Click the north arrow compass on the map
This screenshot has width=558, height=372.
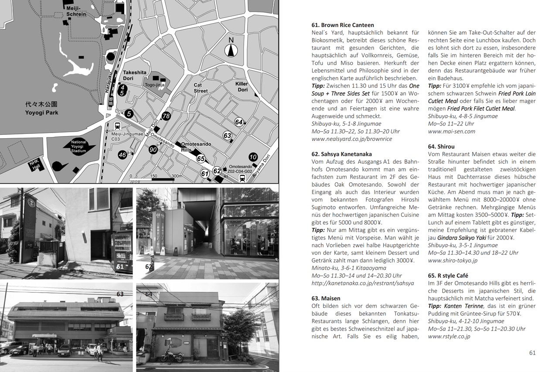(231, 48)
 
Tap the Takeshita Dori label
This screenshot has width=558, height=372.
(134, 75)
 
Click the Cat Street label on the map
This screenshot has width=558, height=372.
(201, 88)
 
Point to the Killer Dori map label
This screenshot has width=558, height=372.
(242, 86)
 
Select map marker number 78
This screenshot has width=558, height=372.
(166, 116)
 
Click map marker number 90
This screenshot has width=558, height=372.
(153, 150)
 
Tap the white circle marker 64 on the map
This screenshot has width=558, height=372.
(238, 122)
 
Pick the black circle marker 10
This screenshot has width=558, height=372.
(253, 157)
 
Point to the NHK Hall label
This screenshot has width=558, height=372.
(34, 165)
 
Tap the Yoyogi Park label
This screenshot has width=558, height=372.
(42, 109)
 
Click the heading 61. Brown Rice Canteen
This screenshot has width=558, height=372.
(343, 25)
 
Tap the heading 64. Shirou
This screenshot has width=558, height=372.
(441, 147)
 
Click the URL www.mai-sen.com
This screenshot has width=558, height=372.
(452, 131)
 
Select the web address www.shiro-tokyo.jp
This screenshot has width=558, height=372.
(453, 260)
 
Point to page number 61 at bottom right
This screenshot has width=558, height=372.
(532, 353)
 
